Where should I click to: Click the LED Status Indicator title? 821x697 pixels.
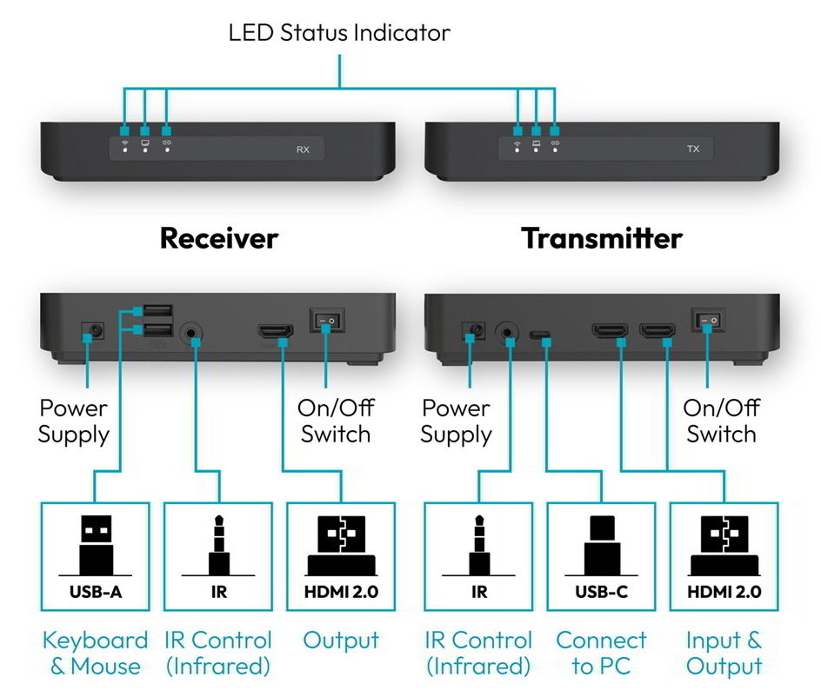[339, 32]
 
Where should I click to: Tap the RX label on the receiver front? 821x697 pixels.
[303, 149]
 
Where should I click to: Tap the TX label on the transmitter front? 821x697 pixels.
[692, 149]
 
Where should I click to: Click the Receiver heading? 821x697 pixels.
[219, 239]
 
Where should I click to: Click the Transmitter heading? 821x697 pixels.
[602, 239]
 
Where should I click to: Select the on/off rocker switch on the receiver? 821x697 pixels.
[326, 320]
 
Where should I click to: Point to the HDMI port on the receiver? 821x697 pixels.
[275, 331]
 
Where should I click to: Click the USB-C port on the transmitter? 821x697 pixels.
[540, 334]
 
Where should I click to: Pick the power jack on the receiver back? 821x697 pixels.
[93, 331]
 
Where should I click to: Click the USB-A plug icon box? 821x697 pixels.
[96, 557]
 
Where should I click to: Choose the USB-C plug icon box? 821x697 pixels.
[601, 557]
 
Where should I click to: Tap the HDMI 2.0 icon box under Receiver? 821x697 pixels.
[341, 557]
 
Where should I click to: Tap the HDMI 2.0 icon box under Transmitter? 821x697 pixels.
[724, 557]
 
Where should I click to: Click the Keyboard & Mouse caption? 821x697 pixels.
[96, 653]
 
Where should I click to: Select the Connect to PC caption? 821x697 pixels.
[601, 653]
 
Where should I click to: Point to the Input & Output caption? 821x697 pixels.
[724, 653]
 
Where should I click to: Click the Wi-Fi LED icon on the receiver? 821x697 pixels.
[124, 143]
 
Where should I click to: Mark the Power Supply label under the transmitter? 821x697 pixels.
[456, 422]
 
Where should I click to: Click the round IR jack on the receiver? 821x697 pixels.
[191, 333]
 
